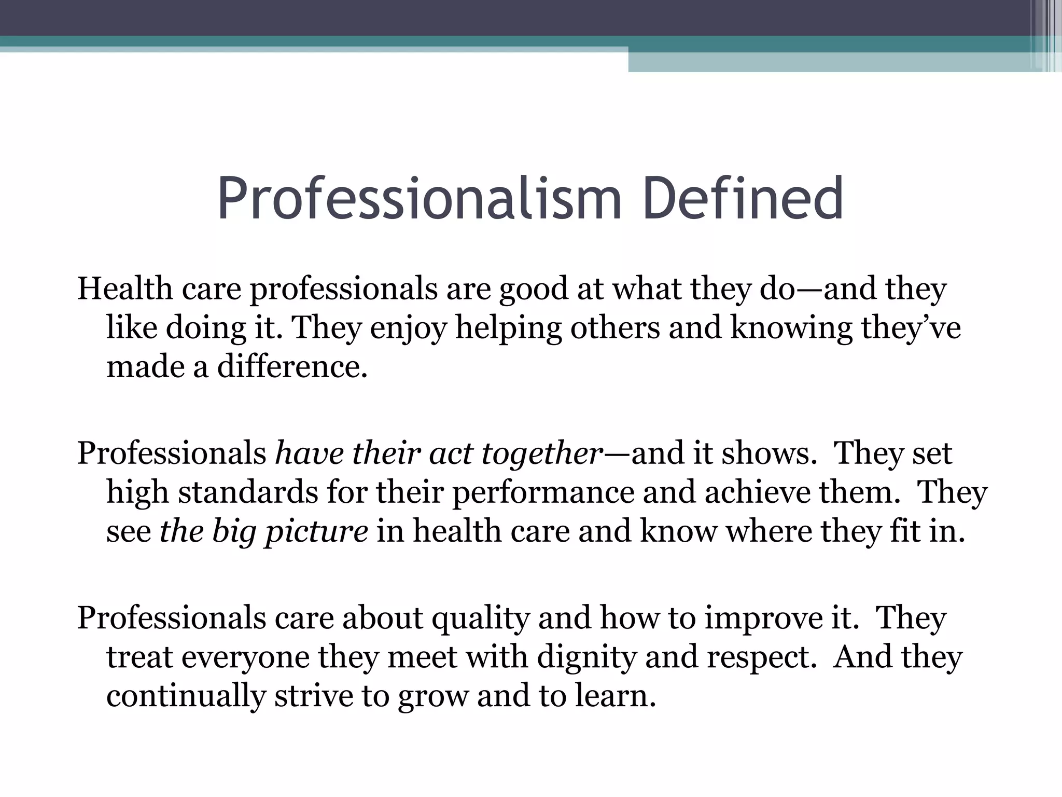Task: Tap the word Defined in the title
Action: pyautogui.click(x=743, y=199)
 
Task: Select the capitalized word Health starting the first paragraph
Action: pyautogui.click(x=125, y=288)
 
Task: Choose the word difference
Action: pyautogui.click(x=292, y=367)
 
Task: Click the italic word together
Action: pyautogui.click(x=542, y=454)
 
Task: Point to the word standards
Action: pyautogui.click(x=248, y=492)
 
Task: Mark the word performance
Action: pyautogui.click(x=543, y=493)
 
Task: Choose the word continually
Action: pyautogui.click(x=186, y=696)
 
